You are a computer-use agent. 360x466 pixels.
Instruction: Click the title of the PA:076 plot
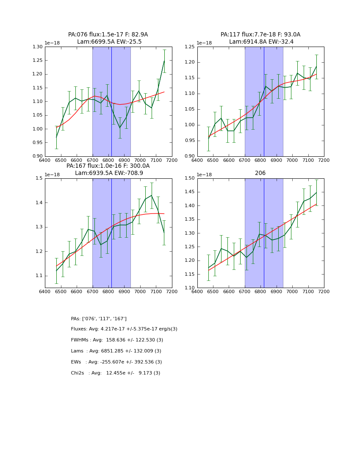point(108,38)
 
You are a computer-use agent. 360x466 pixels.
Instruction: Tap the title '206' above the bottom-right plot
point(260,173)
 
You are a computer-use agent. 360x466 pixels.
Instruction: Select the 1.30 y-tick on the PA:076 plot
point(37,47)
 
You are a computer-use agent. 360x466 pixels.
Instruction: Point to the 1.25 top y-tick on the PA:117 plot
point(190,47)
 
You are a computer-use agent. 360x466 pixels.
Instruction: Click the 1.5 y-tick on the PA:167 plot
point(39,178)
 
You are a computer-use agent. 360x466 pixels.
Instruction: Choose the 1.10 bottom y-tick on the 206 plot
point(190,288)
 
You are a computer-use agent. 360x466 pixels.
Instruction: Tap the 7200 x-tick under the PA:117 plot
point(324,161)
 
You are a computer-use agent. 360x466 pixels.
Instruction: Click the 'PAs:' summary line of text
point(99,319)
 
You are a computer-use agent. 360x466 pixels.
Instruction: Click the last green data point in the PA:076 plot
point(164,61)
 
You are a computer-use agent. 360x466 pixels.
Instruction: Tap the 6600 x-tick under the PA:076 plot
point(76,161)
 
